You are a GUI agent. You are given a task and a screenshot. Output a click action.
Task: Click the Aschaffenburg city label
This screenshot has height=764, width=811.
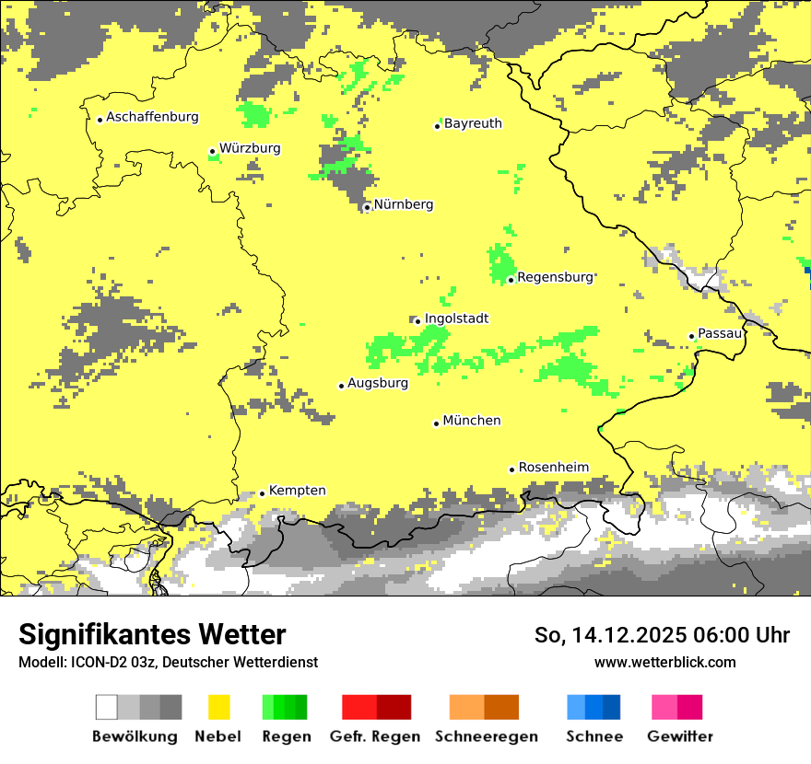click(x=152, y=117)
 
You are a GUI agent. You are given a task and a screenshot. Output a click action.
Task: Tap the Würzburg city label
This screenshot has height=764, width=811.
click(x=250, y=148)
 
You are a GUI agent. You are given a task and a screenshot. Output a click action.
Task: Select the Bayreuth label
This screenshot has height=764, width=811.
click(x=473, y=123)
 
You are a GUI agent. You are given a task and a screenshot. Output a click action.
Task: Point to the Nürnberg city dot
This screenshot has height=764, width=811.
click(x=367, y=207)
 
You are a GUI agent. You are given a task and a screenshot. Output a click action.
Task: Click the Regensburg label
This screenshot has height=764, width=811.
click(x=555, y=277)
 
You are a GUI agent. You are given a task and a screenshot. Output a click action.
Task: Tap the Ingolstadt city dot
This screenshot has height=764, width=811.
click(x=417, y=321)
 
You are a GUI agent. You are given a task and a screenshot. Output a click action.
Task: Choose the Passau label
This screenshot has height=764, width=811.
click(x=720, y=333)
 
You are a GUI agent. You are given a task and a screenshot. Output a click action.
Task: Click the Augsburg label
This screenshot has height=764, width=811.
click(x=378, y=383)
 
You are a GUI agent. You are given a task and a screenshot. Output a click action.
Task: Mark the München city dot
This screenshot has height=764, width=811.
click(x=436, y=423)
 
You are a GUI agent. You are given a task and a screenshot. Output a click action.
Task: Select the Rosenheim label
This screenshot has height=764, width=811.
click(x=553, y=467)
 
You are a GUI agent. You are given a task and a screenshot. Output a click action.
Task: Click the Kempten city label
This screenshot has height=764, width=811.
click(x=297, y=491)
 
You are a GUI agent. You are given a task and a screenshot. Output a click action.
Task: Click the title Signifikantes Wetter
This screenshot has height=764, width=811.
click(x=152, y=634)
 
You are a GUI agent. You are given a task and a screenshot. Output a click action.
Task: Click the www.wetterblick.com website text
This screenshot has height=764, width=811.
click(x=664, y=662)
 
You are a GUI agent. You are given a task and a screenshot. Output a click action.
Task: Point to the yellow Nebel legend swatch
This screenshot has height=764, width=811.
click(x=219, y=707)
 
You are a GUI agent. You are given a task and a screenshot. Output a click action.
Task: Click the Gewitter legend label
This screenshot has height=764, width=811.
click(x=679, y=736)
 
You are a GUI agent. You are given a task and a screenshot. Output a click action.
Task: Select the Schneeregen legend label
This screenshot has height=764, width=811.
click(x=487, y=736)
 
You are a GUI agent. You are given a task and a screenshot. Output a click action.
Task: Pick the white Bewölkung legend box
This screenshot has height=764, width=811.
click(x=107, y=707)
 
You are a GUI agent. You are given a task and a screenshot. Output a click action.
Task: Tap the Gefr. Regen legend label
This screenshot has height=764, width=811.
click(x=375, y=736)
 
